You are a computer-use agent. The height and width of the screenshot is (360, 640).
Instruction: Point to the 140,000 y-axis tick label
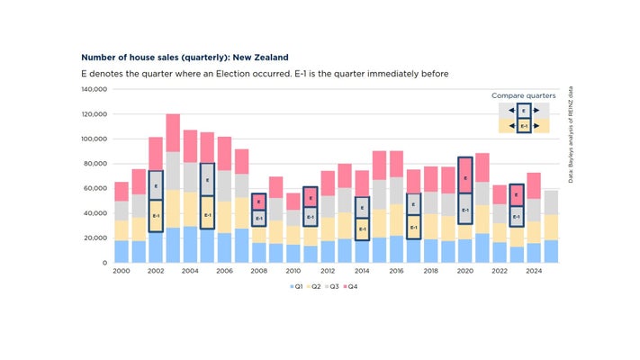(x=94, y=90)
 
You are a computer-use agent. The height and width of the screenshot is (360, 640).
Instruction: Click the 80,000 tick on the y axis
(x=95, y=164)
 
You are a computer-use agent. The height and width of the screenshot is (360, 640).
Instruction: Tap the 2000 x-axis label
(x=122, y=271)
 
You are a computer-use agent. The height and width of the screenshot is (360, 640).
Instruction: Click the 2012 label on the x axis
(x=327, y=271)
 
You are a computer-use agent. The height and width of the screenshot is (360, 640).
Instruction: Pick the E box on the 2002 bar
(x=156, y=185)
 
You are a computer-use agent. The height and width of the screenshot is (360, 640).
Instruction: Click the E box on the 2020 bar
(x=464, y=175)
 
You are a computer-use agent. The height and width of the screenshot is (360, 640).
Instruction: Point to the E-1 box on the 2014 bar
(x=362, y=229)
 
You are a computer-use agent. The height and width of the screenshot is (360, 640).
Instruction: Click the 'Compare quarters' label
(x=523, y=95)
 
